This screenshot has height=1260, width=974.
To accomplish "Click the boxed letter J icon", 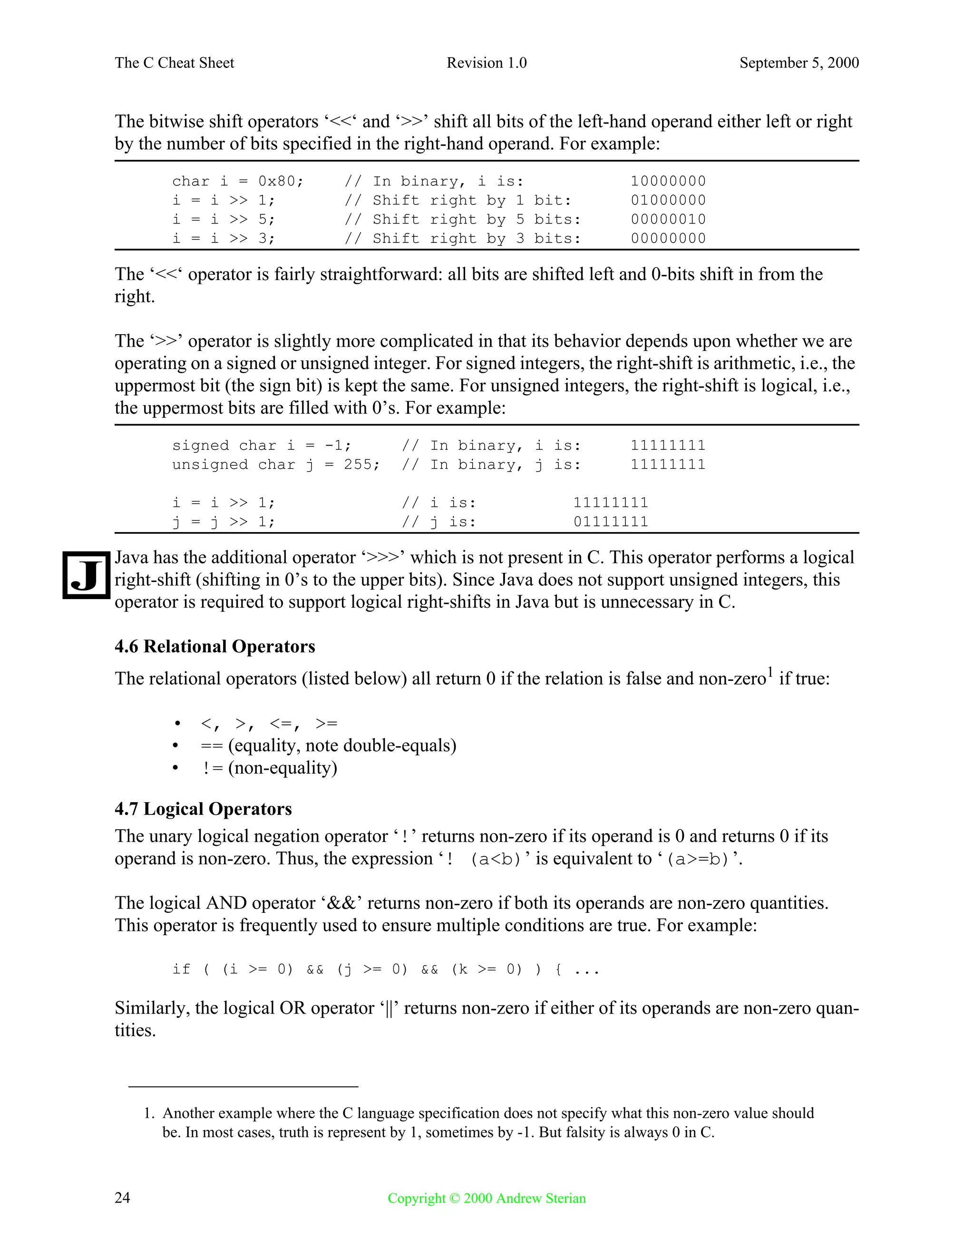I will [86, 575].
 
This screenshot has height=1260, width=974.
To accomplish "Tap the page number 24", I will [122, 1198].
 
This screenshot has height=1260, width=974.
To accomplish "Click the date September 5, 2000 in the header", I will [799, 63].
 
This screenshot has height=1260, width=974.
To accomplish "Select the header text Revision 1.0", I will [487, 63].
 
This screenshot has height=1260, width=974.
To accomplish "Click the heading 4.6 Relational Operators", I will [214, 646].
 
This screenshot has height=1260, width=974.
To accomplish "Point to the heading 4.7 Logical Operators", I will [203, 809].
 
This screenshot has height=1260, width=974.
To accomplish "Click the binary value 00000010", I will [668, 219].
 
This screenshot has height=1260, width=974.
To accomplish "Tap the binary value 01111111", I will [611, 522].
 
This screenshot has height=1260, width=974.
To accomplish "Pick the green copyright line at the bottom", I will [487, 1198].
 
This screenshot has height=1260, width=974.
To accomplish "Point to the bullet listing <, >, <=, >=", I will [269, 724].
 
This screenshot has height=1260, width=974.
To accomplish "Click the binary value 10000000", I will [668, 181].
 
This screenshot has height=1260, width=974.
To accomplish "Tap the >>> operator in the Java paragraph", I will [382, 558].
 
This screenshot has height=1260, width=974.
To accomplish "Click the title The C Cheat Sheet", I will [174, 63].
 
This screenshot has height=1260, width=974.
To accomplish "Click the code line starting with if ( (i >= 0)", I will [385, 969].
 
